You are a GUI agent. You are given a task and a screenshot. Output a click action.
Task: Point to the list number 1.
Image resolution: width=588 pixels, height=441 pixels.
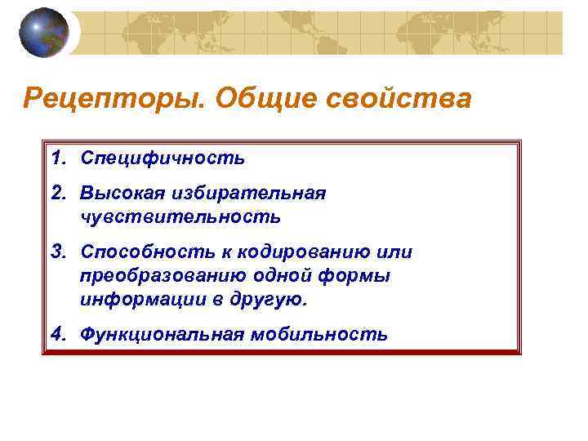pyautogui.click(x=58, y=157)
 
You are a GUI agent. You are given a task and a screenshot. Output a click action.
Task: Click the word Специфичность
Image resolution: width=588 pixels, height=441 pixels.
pyautogui.click(x=163, y=158)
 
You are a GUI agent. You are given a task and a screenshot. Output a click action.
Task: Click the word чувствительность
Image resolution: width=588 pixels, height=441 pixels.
pyautogui.click(x=180, y=216)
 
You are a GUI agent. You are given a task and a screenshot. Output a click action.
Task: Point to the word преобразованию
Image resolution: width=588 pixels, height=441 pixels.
pyautogui.click(x=154, y=276)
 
